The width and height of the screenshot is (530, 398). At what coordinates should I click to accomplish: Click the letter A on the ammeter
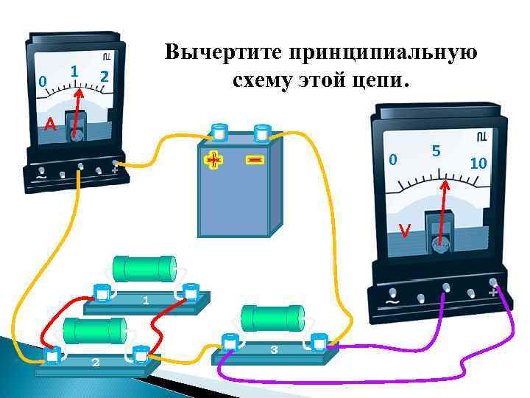click(49, 124)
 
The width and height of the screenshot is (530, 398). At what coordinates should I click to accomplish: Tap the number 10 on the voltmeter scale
click(478, 163)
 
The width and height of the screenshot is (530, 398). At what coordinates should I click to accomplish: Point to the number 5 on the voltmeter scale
click(436, 151)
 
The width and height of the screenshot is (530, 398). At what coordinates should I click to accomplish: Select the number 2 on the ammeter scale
click(105, 76)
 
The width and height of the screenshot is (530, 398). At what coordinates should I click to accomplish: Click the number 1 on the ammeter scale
click(75, 71)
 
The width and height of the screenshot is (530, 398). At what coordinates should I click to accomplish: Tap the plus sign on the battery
click(213, 159)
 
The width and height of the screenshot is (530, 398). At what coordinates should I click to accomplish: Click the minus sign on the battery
click(255, 159)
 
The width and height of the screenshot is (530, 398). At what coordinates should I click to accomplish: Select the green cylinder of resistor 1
click(144, 269)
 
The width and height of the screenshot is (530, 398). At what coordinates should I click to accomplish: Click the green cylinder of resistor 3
click(273, 318)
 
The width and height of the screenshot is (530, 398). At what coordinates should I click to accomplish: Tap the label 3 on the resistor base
click(274, 350)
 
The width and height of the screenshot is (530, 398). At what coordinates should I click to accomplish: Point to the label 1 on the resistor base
click(146, 300)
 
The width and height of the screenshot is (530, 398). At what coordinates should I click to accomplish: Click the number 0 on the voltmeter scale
click(394, 159)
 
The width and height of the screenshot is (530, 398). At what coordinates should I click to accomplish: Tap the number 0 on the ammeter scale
click(43, 80)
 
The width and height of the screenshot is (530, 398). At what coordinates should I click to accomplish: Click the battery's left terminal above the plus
click(219, 133)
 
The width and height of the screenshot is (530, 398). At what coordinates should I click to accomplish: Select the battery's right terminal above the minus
click(261, 133)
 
